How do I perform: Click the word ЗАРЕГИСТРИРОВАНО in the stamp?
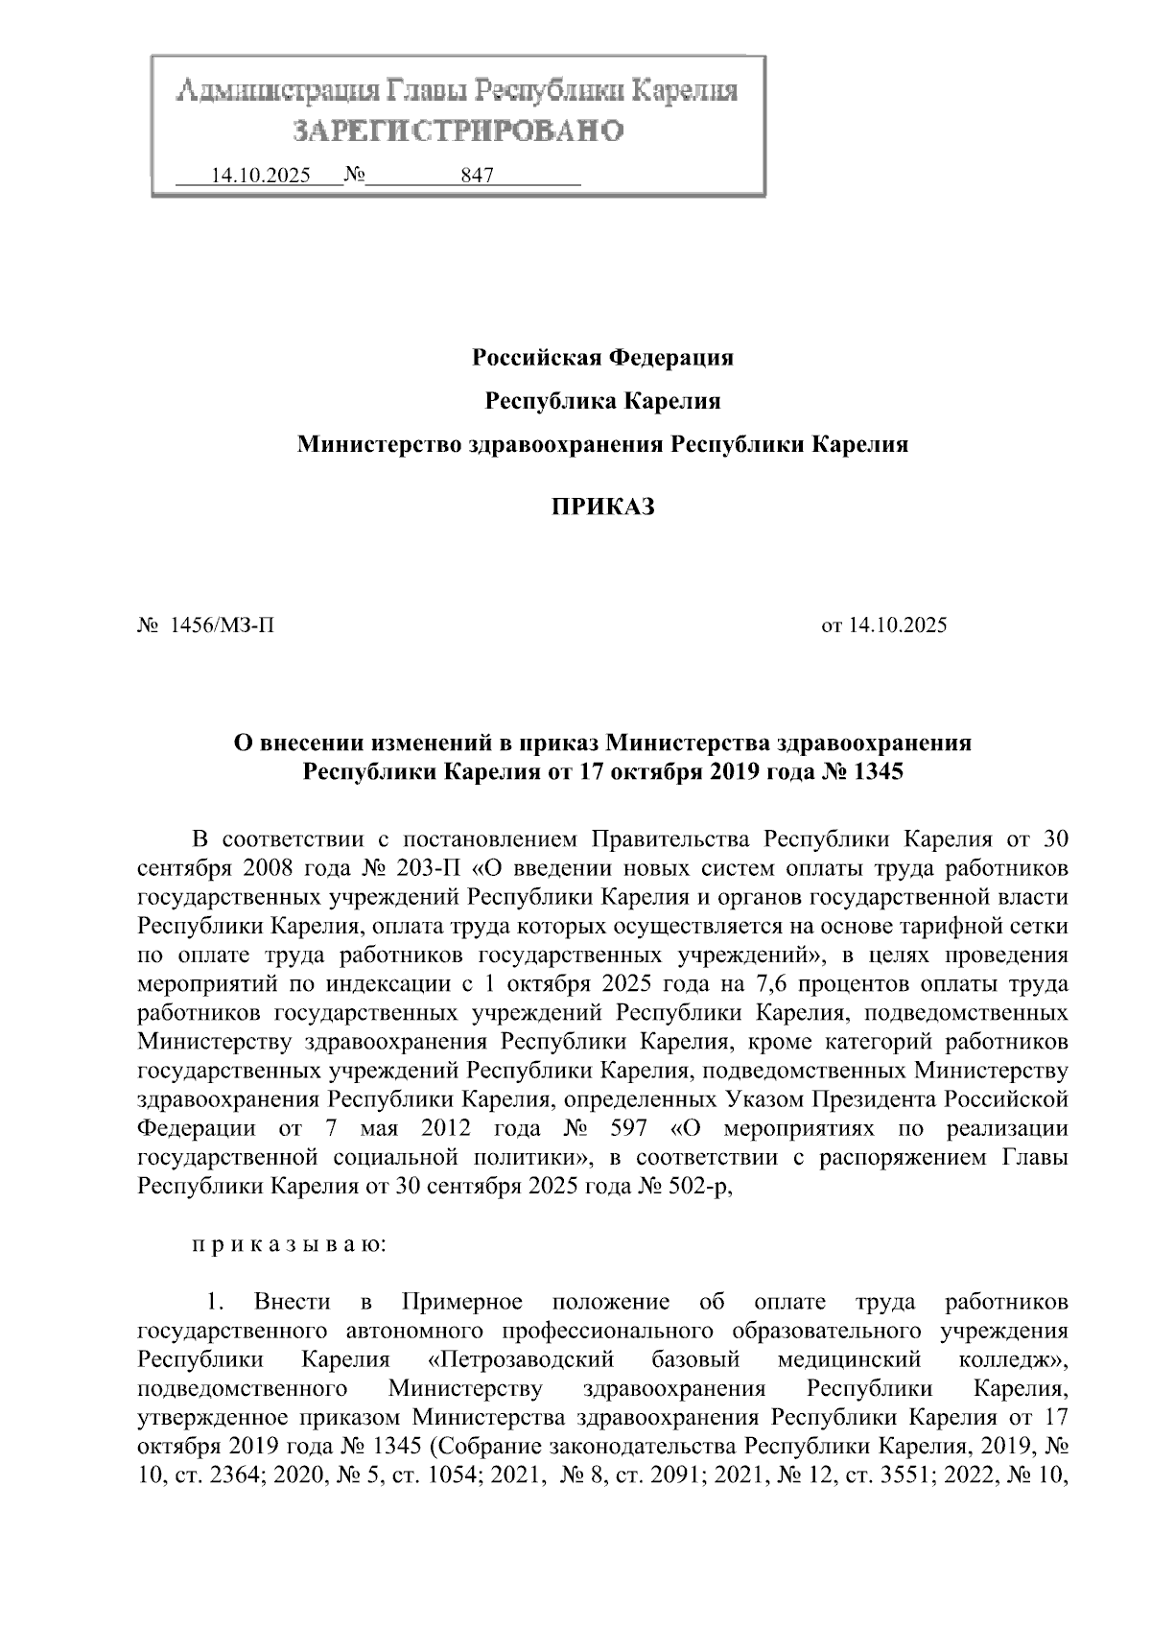(x=458, y=130)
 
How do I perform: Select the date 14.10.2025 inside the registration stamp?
(x=261, y=177)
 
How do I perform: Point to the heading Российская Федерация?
(x=602, y=358)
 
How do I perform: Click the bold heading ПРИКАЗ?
(x=602, y=507)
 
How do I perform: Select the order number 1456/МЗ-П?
(x=222, y=626)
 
